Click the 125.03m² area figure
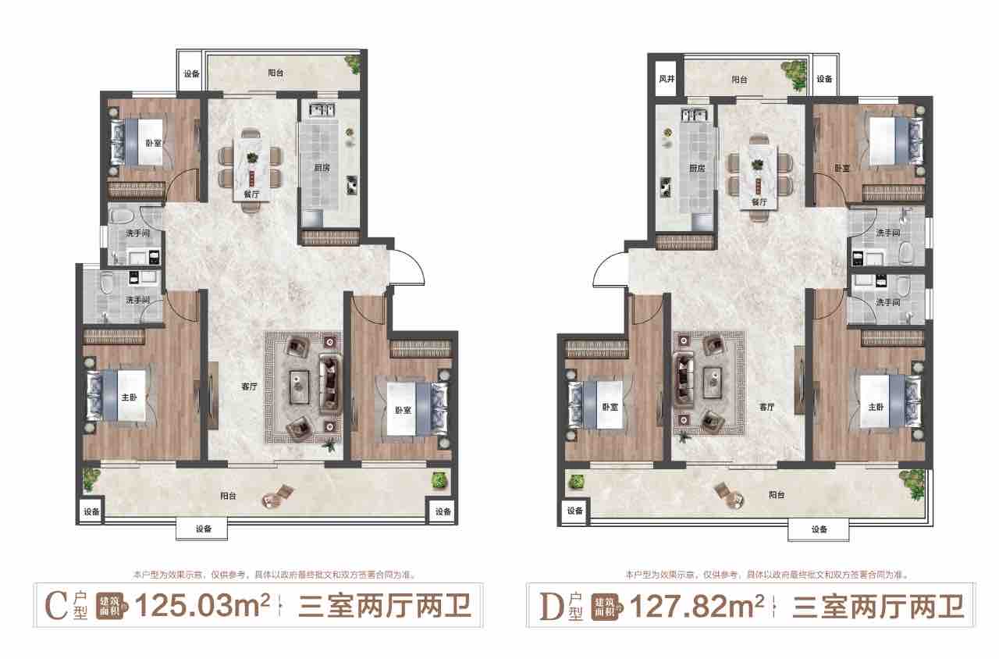[202, 605]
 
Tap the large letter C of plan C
[57, 606]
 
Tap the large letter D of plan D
[552, 607]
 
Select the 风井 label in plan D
[667, 79]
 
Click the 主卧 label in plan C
[130, 397]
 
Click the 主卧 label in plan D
[876, 407]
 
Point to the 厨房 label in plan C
[322, 168]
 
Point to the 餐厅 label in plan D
[759, 202]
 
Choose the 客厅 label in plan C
[249, 386]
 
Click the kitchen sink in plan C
[322, 110]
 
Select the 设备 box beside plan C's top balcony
[191, 73]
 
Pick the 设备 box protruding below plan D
[819, 529]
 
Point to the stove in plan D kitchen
[666, 187]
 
